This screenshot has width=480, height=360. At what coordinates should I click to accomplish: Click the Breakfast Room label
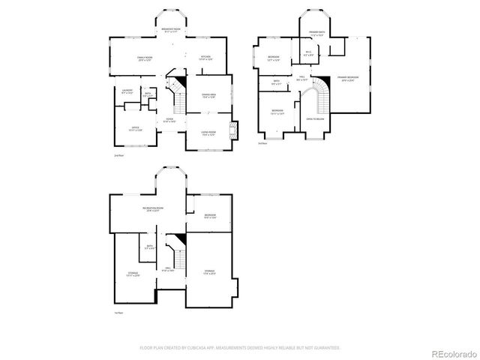172,29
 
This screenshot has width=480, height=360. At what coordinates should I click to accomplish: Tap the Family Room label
144,58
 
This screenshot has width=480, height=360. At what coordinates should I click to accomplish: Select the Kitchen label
205,58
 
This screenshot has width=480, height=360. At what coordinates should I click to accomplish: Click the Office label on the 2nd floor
136,129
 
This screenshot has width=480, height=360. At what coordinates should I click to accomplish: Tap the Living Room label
208,133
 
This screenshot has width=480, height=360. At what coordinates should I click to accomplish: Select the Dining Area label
208,96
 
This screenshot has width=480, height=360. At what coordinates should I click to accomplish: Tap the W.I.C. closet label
308,53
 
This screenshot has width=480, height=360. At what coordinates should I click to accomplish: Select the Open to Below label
315,118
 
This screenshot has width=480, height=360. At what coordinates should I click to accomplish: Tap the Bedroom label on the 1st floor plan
210,217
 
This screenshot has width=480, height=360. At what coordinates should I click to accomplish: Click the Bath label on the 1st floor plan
150,247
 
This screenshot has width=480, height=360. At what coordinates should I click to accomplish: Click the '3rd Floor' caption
262,144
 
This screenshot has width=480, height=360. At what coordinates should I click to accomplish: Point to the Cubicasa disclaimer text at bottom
240,348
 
